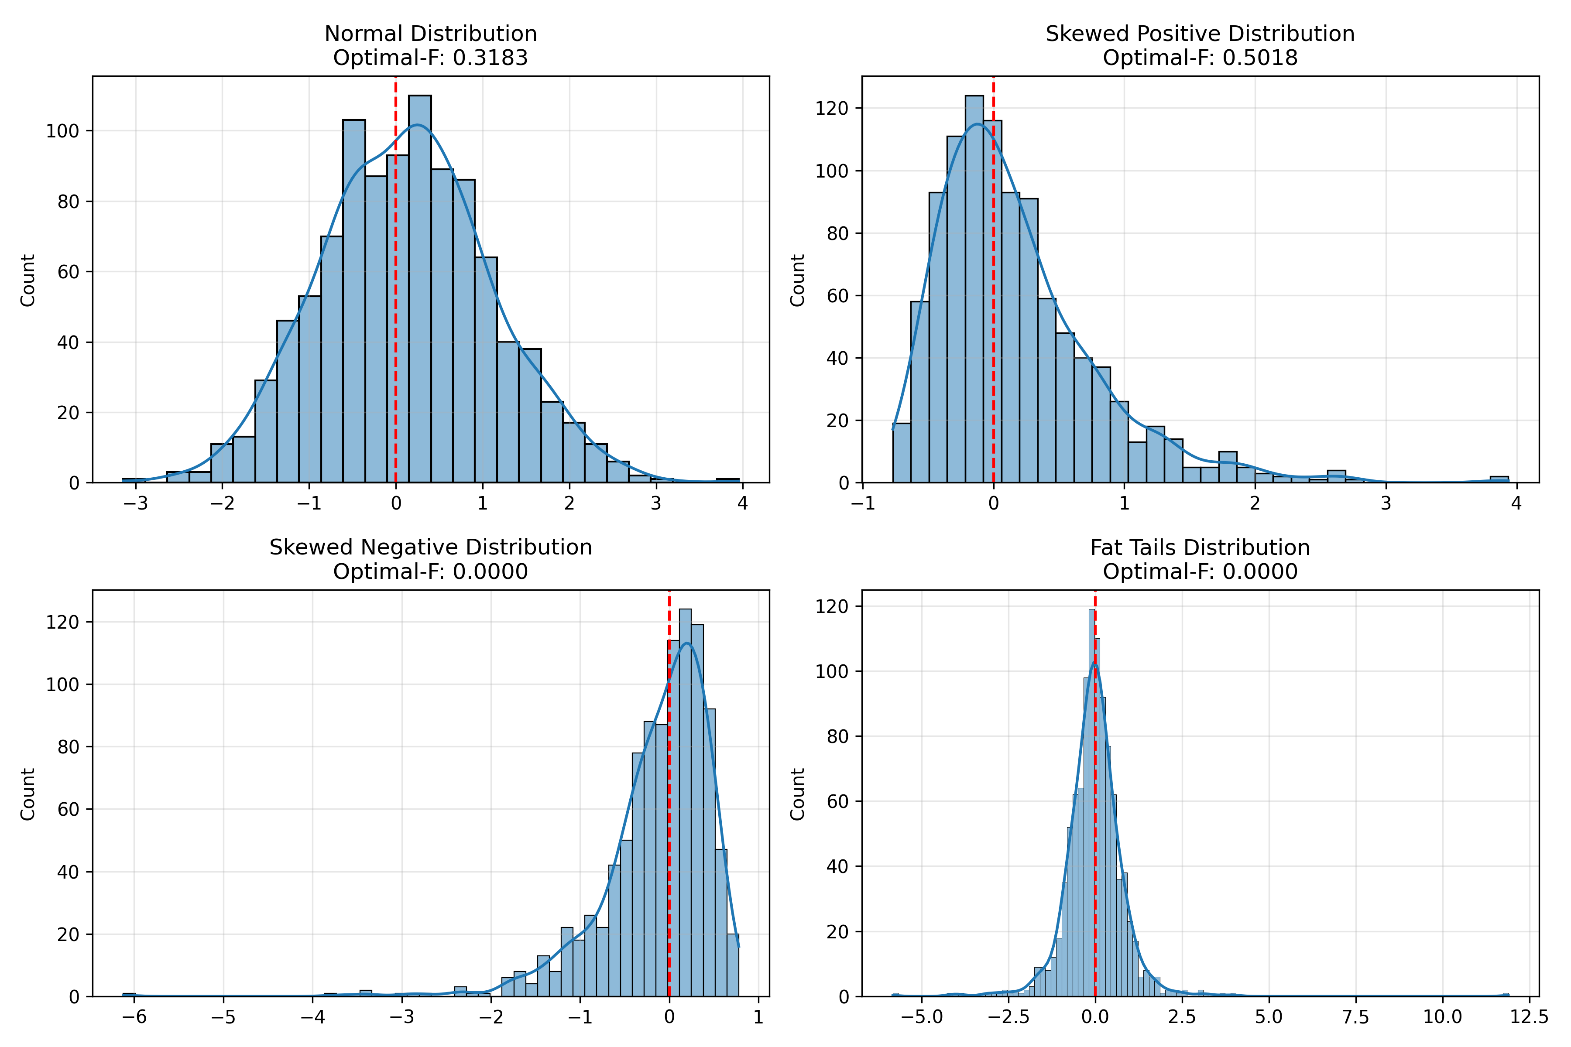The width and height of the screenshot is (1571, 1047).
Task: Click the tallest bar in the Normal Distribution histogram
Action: (419, 287)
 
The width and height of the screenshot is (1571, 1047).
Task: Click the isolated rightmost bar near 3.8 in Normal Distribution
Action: (727, 480)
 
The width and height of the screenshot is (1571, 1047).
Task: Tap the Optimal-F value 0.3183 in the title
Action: (490, 58)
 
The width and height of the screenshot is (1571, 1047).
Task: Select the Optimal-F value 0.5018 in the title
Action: (1260, 58)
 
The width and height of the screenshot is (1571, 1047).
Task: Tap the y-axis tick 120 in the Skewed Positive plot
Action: (832, 108)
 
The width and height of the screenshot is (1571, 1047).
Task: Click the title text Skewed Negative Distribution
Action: (431, 547)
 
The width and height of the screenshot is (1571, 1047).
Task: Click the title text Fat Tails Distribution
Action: (1200, 547)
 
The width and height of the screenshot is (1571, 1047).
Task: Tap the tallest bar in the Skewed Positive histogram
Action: (974, 287)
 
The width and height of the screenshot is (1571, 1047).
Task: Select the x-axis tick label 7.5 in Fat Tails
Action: (1355, 1017)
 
